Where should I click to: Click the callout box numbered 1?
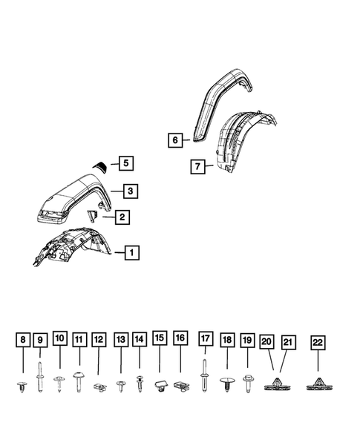[130, 252]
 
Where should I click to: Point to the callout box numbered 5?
[125, 163]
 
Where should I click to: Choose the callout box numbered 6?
[174, 139]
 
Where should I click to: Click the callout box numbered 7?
[197, 167]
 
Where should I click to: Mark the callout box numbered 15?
[160, 341]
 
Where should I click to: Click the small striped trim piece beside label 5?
[99, 166]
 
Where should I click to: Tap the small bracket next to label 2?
[93, 216]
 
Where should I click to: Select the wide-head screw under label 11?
[79, 379]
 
